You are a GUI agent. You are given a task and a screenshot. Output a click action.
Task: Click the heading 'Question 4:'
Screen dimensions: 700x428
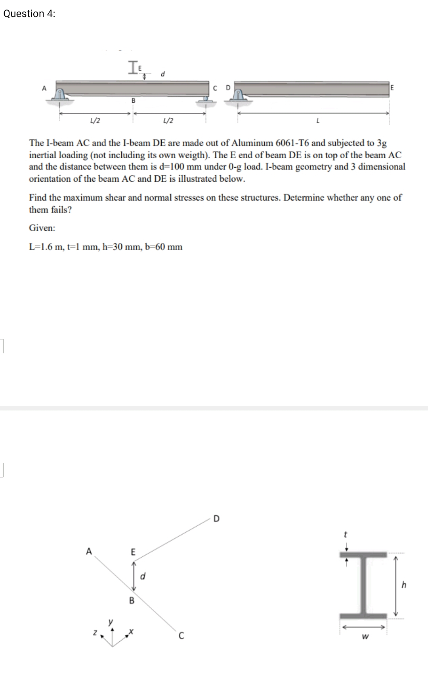click(x=29, y=13)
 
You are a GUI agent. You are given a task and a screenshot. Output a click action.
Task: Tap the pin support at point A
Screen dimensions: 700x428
click(x=60, y=95)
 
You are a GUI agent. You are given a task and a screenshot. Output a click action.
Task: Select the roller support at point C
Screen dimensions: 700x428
click(x=206, y=99)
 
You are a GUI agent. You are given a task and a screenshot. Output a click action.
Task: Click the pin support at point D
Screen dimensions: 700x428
click(x=238, y=96)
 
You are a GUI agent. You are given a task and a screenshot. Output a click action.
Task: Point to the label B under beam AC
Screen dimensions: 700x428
click(x=133, y=101)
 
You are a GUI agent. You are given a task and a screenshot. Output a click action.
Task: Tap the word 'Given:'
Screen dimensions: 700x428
click(x=42, y=228)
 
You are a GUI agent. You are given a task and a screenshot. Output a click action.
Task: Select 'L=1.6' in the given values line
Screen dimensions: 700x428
click(x=41, y=247)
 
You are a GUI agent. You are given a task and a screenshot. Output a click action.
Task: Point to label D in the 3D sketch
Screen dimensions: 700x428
click(x=216, y=518)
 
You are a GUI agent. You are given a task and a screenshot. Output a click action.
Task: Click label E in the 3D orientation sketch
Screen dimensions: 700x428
click(x=133, y=552)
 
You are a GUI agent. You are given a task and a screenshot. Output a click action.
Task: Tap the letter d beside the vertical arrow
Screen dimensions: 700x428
click(x=143, y=576)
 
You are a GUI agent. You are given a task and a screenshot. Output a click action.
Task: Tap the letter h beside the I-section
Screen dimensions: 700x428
click(x=404, y=585)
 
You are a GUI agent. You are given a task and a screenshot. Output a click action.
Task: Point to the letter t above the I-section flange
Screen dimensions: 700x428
click(x=346, y=535)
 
